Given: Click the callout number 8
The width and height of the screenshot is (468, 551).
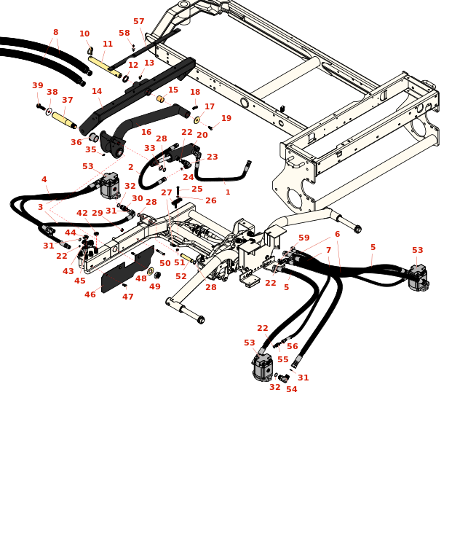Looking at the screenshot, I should tap(55, 32).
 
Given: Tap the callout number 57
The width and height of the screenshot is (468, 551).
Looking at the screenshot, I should tap(138, 22).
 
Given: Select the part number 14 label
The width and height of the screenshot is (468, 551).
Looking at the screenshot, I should tap(97, 92).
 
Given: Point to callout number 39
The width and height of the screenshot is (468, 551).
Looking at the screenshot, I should tap(38, 86).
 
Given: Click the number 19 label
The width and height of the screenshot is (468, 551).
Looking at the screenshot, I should tap(226, 118).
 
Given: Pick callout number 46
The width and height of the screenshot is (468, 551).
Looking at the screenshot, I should tap(90, 294).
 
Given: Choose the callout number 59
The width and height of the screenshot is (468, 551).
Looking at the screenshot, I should tap(304, 238).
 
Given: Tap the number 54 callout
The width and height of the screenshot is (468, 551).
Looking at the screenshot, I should tap(291, 389).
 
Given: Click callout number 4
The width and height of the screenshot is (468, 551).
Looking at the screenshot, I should tap(44, 179).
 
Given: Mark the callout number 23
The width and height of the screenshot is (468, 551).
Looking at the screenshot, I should tap(212, 157).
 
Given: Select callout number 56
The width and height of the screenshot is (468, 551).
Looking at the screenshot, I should tap(292, 347).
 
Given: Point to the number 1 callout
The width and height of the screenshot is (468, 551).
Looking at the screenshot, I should tap(228, 192).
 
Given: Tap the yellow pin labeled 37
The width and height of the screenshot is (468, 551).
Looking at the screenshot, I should tap(63, 119).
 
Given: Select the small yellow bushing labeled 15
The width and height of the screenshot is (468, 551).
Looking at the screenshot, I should tap(160, 98).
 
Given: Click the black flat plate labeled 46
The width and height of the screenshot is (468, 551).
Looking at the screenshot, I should tap(127, 270).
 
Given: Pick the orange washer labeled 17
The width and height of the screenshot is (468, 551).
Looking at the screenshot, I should tap(197, 120).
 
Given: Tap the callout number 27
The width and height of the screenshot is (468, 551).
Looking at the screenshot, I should tap(167, 192).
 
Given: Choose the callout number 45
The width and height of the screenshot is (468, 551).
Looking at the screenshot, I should tap(80, 281).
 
